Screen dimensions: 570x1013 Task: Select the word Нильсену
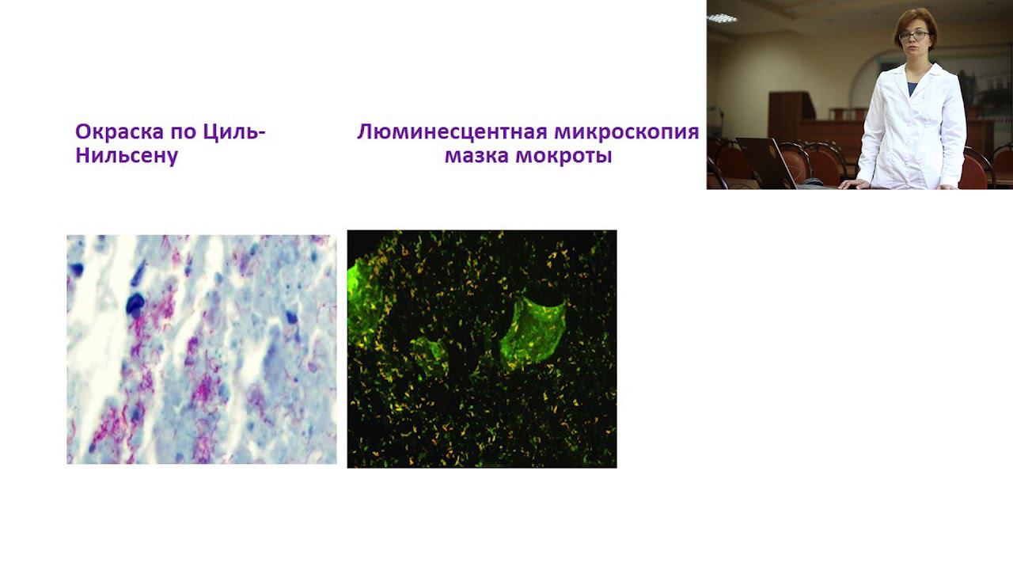(127, 155)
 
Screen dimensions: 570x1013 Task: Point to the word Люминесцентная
(452, 131)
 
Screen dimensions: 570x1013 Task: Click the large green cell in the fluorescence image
(535, 329)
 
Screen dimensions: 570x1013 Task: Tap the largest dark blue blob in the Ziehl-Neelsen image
(136, 303)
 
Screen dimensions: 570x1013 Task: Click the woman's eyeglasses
(914, 36)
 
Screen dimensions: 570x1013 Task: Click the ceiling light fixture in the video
(722, 17)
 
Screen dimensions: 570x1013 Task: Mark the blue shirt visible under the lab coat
(913, 87)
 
